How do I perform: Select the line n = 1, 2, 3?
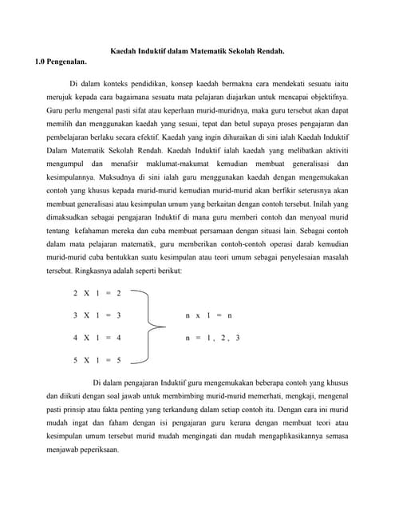pos(212,338)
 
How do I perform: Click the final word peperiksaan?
pos(96,449)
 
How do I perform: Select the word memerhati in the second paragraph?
pos(275,394)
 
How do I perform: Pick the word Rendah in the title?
pos(271,51)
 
